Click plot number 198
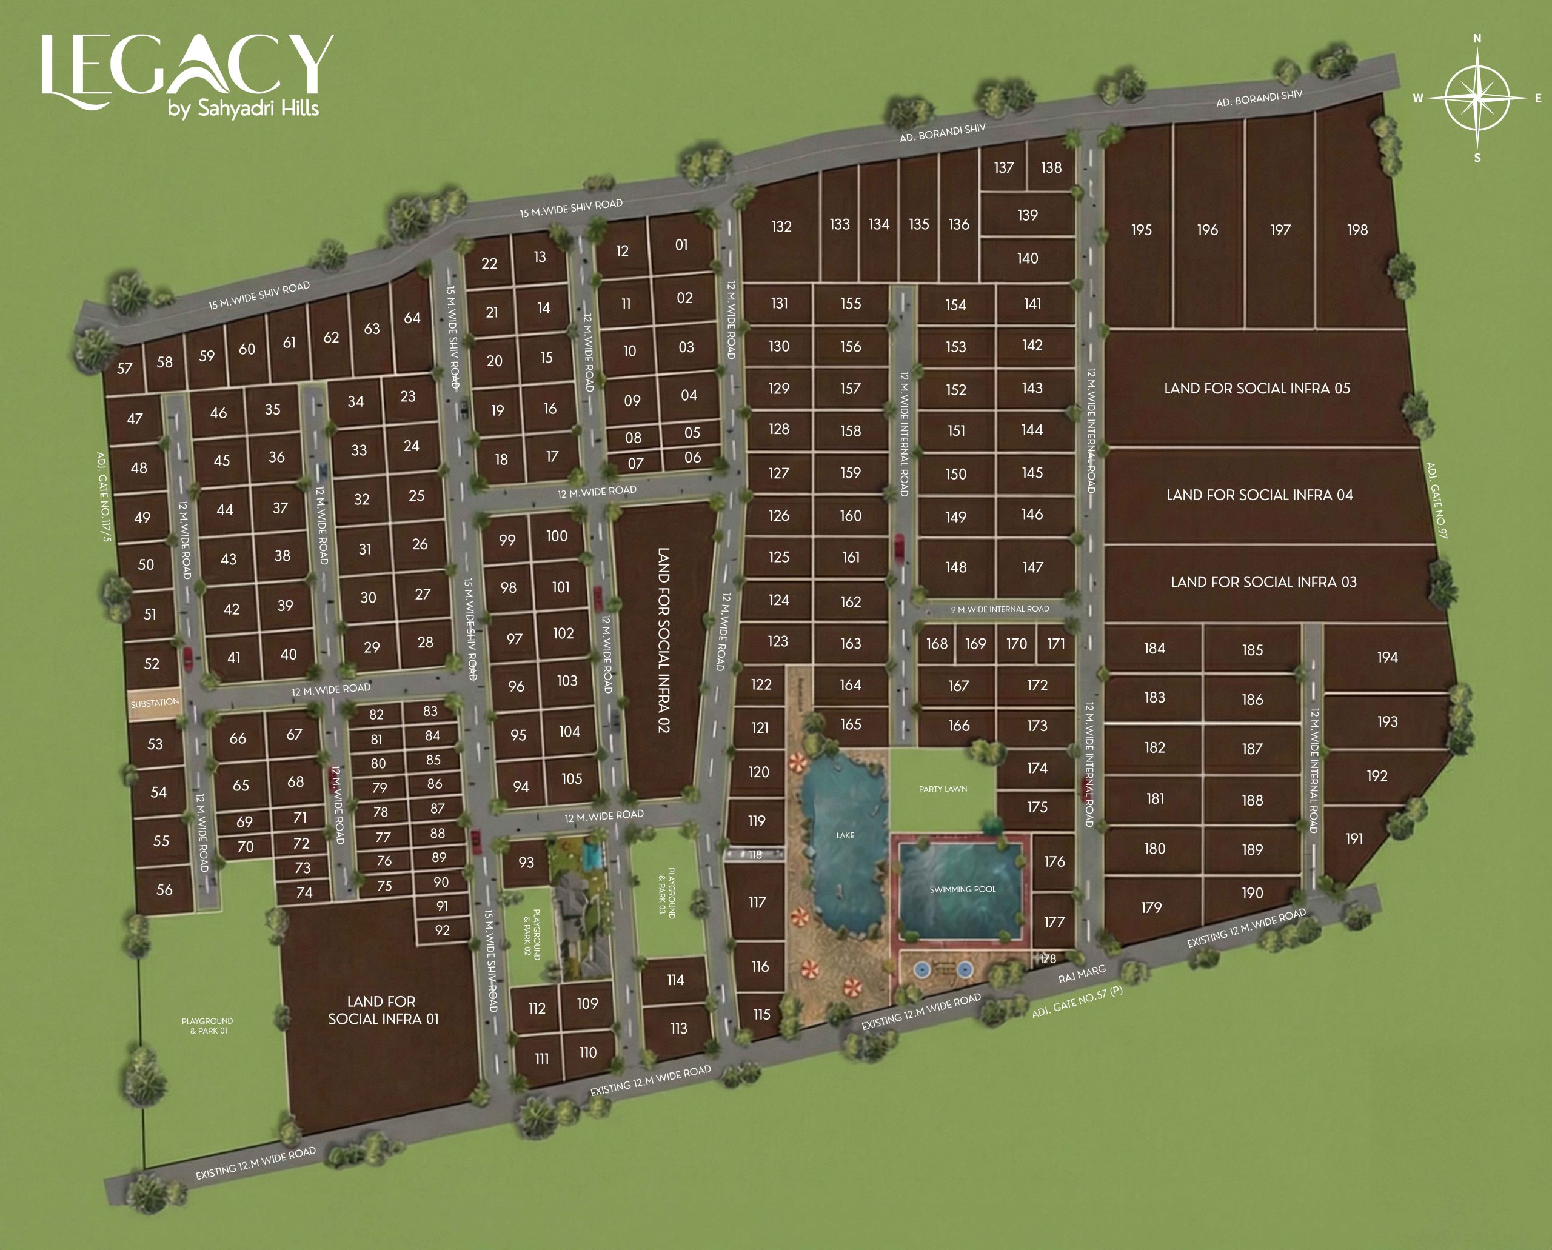click(x=1357, y=230)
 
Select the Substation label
click(x=154, y=703)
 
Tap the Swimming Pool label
click(x=962, y=889)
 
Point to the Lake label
click(x=845, y=835)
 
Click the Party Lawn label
click(x=943, y=789)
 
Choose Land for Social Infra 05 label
click(x=1257, y=388)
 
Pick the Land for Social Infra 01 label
click(x=383, y=1009)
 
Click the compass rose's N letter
click(x=1477, y=39)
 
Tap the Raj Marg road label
click(x=1082, y=974)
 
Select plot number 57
click(x=125, y=369)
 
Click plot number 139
click(x=1028, y=215)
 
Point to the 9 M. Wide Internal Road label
click(x=1000, y=609)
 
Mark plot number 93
click(x=526, y=862)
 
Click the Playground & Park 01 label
click(x=207, y=1025)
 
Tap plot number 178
click(x=1048, y=958)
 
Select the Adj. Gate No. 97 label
click(x=1436, y=501)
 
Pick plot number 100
click(x=557, y=536)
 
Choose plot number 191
click(x=1354, y=838)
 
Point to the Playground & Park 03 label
click(x=667, y=893)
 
